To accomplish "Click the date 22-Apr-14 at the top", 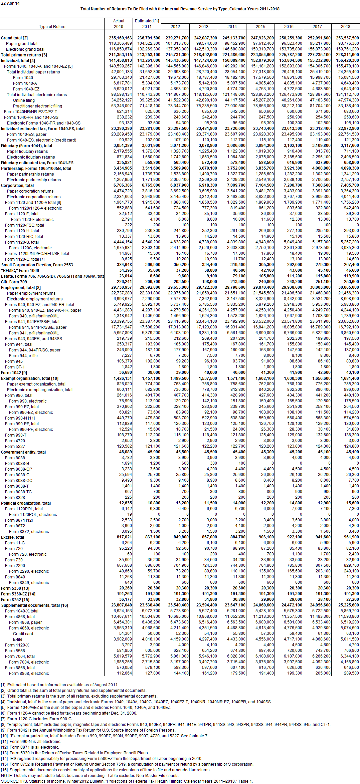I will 10,3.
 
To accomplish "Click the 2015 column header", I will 260,27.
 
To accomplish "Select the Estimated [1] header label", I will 147,21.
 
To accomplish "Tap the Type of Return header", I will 52,27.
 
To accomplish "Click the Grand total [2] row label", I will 14,38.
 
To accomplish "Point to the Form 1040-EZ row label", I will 26,89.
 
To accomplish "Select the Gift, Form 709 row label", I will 14,282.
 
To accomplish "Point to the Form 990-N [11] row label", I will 20,418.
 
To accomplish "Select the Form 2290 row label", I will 15,566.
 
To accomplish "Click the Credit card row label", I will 23,634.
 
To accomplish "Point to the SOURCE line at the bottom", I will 127,781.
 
